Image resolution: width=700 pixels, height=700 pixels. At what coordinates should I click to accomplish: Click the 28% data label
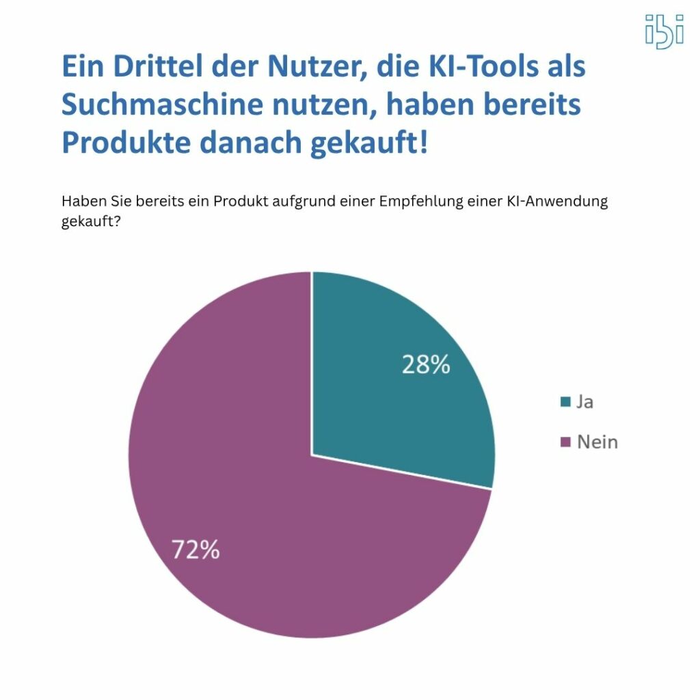coord(425,365)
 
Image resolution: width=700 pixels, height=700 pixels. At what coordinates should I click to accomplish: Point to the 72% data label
coord(196,550)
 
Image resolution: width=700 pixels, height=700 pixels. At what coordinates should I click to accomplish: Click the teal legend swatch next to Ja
coord(565,402)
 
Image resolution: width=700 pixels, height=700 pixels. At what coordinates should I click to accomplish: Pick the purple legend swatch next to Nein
coord(565,442)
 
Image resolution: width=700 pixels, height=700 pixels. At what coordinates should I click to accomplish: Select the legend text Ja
coord(584,402)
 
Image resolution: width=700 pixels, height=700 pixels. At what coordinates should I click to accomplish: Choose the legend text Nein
coord(597,442)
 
